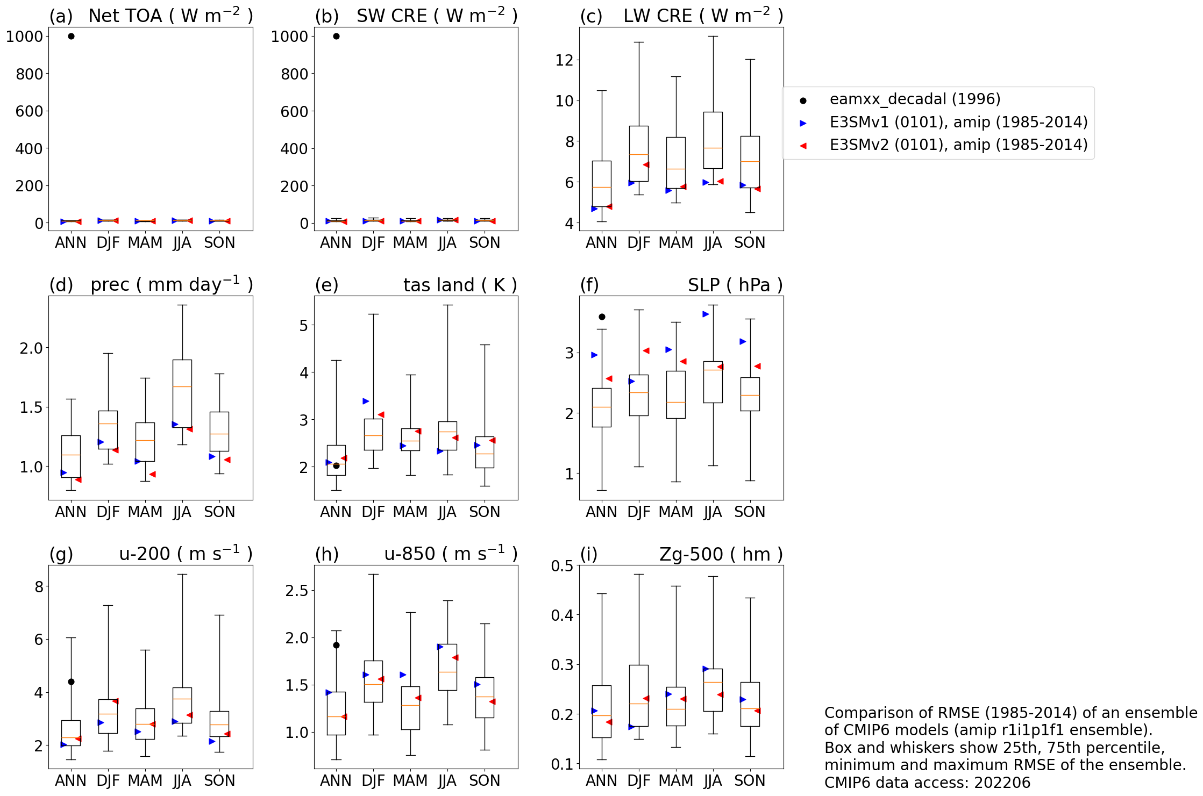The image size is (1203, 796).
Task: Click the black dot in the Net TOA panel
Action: [71, 36]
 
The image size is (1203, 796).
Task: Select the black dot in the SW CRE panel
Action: [336, 36]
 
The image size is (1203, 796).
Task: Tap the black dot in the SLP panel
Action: [602, 317]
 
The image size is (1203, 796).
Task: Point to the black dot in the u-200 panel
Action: [71, 682]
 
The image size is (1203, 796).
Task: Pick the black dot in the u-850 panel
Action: [336, 645]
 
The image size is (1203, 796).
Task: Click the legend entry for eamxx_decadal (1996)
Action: [915, 99]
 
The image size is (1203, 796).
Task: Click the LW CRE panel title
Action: [703, 16]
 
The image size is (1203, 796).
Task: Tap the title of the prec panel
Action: [171, 285]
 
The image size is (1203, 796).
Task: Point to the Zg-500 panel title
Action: [721, 554]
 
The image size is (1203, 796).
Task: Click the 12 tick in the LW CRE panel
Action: [564, 60]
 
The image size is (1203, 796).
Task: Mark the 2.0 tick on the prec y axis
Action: [31, 348]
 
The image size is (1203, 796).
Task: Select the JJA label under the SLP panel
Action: [713, 512]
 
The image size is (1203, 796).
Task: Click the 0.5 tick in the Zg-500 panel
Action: [562, 565]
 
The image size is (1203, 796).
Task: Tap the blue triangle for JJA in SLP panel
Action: [706, 314]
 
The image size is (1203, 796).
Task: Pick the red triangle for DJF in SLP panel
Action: [646, 350]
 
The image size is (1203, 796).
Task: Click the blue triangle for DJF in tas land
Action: [366, 401]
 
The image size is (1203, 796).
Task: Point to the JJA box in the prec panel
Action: [182, 393]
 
